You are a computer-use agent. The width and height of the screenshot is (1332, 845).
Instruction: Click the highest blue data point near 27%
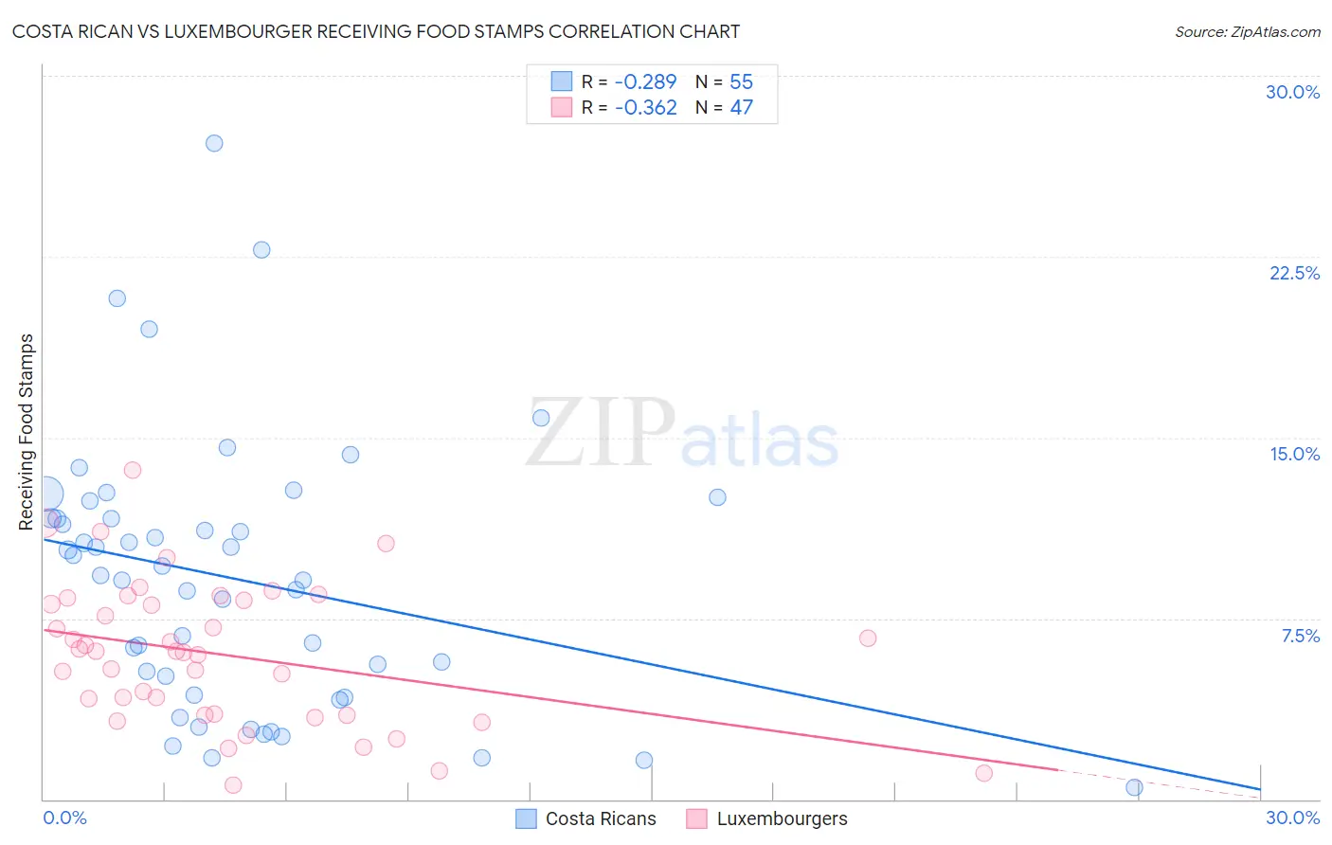point(214,143)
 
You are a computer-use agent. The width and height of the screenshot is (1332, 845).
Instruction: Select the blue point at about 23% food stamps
point(261,250)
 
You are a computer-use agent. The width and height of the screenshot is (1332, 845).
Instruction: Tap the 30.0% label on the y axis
point(1292,92)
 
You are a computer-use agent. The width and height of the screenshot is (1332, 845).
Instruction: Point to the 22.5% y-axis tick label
point(1294,273)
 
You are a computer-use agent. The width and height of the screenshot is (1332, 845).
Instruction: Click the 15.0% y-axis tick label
point(1294,454)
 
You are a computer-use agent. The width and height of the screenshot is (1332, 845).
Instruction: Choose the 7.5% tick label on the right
point(1300,636)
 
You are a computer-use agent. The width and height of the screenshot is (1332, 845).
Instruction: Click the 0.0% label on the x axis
point(64,818)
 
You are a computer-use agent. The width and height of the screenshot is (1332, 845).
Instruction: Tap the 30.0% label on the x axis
point(1292,818)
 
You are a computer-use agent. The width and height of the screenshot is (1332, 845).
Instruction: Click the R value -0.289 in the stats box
point(645,82)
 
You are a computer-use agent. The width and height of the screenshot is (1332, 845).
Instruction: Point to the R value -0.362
point(645,108)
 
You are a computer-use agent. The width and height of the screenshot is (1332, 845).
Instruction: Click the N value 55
point(741,82)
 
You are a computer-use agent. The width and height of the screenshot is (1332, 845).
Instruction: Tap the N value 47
point(741,108)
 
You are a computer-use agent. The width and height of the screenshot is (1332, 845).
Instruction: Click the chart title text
point(376,31)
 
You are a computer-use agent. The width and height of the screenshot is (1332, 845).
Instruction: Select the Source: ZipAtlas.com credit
point(1247,31)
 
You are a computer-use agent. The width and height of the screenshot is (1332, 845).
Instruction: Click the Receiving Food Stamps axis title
point(27,432)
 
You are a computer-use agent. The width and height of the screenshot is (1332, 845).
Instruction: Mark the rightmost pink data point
point(983,773)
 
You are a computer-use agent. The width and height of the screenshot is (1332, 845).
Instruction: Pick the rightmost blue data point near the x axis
point(1134,787)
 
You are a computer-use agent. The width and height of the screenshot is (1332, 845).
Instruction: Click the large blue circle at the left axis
point(45,494)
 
